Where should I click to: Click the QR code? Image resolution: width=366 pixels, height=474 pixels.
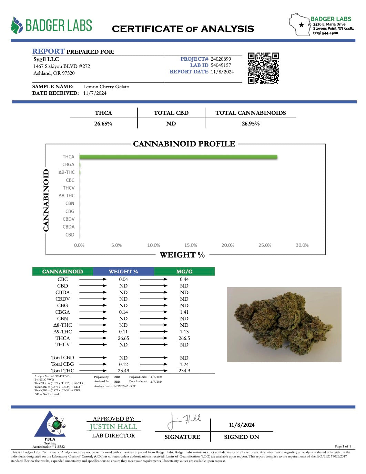coord(263,68)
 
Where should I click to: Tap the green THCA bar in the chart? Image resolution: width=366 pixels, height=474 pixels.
coord(178,157)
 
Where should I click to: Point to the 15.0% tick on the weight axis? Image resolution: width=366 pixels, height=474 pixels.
coord(191,245)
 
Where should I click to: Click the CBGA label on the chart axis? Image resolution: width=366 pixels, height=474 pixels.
coord(68,164)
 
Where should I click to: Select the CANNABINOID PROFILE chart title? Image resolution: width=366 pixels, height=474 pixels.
coord(184,144)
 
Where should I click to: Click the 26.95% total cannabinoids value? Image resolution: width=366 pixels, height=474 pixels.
coord(251,123)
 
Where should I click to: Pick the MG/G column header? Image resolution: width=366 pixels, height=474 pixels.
coord(184,272)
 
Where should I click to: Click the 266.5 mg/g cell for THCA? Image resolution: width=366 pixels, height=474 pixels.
coord(184,338)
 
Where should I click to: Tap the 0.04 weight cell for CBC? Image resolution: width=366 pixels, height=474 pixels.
coord(123,279)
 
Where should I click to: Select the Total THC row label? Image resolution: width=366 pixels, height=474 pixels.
coord(62,371)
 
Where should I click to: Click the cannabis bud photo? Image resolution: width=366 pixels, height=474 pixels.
coord(284,324)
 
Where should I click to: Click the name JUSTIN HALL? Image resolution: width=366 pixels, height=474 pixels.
coord(113,427)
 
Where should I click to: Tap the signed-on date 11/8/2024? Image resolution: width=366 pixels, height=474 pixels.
coord(242,425)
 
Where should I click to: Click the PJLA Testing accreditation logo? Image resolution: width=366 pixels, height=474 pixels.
coord(50,427)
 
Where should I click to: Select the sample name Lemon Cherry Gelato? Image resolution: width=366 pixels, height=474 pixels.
coord(106,87)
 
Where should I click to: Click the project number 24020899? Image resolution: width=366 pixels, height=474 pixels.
coord(221,59)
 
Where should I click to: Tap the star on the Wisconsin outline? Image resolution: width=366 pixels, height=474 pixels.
coord(302,25)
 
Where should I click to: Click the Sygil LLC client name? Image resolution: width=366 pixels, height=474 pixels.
coord(46,59)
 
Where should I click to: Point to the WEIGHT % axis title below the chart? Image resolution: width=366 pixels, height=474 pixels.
coord(182,255)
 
